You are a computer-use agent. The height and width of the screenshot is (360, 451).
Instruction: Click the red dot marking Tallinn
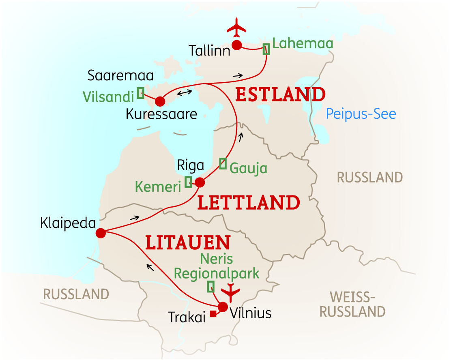click(236, 45)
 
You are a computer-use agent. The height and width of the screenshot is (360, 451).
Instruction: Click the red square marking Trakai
click(213, 314)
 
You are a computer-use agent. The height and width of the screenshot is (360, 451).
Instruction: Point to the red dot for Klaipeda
click(101, 233)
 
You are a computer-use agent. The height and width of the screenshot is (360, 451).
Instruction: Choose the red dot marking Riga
click(200, 182)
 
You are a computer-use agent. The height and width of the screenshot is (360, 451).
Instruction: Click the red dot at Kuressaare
click(160, 101)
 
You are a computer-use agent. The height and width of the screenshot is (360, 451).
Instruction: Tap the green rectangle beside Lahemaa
click(266, 49)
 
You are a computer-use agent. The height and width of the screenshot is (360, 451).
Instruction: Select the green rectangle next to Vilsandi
click(141, 93)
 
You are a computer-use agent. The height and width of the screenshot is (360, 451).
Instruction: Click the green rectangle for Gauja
click(223, 163)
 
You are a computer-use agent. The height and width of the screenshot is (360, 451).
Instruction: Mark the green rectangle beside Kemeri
click(188, 182)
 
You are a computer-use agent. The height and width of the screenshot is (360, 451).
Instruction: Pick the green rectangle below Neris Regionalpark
click(210, 287)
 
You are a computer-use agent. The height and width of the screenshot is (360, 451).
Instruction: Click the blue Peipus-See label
click(361, 114)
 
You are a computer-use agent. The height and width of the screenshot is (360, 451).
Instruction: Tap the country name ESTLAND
click(280, 95)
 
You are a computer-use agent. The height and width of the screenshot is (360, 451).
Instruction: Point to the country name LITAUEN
click(188, 243)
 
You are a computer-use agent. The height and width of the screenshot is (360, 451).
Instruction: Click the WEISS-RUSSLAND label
click(352, 304)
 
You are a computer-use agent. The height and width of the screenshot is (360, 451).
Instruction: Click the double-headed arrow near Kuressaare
click(185, 92)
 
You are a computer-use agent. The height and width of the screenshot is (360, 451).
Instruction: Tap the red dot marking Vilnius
click(223, 307)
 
